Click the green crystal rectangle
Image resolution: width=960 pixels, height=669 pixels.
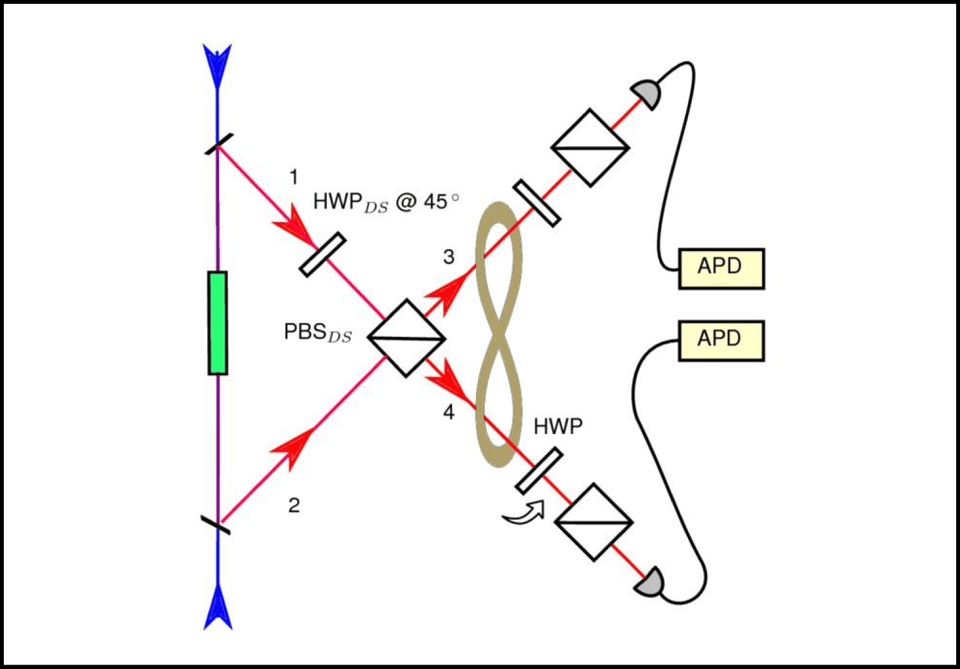click(218, 323)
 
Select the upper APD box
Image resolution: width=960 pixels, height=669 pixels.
click(721, 268)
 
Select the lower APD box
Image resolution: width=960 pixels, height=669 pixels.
click(721, 340)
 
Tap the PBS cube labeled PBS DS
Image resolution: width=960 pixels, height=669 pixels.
click(406, 337)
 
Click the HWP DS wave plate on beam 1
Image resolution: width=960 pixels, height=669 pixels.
click(323, 255)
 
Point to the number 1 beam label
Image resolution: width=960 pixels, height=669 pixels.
click(294, 177)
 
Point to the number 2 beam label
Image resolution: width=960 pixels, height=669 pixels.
click(294, 505)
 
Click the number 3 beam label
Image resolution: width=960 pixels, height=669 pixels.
click(449, 257)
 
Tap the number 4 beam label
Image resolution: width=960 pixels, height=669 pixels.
click(449, 412)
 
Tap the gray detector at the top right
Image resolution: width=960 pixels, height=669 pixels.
click(645, 94)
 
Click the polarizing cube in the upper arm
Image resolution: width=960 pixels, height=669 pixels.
click(590, 148)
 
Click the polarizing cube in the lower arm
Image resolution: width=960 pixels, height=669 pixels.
click(594, 522)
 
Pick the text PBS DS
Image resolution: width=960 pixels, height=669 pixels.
click(317, 332)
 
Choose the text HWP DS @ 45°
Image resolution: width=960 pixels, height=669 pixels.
click(385, 202)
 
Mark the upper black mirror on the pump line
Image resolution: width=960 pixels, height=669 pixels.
click(218, 143)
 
